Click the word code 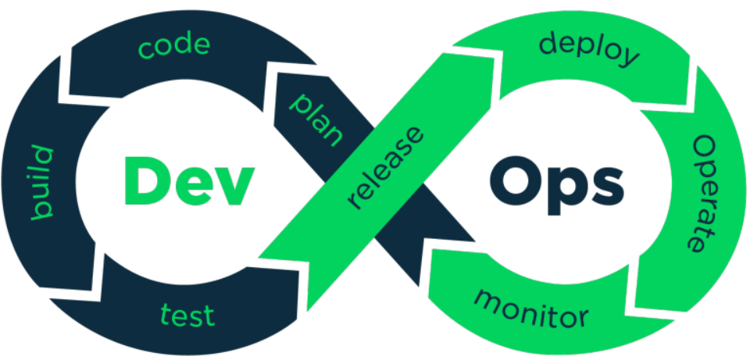pos(174,46)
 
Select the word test pos(187,315)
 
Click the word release pos(386,169)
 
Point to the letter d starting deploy pos(549,43)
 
